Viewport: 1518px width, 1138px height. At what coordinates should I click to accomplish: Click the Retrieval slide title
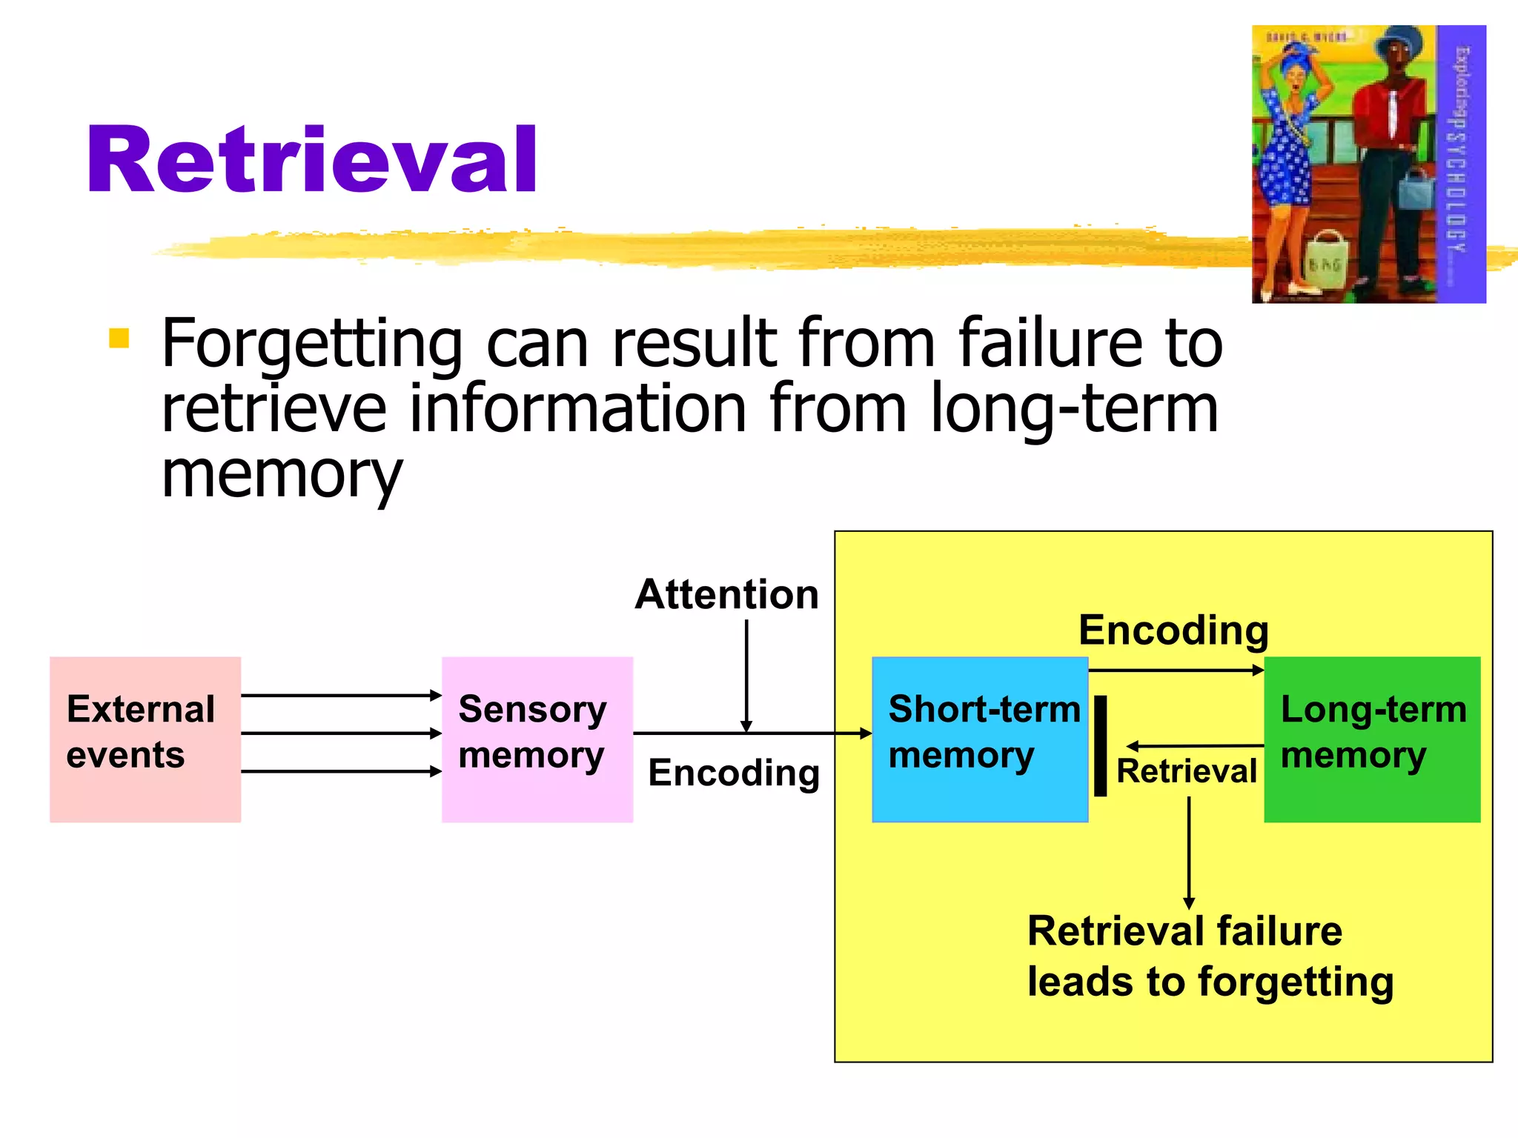click(x=311, y=161)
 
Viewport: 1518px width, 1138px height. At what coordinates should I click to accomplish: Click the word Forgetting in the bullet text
click(x=312, y=344)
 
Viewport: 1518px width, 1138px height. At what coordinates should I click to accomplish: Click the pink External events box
click(x=145, y=739)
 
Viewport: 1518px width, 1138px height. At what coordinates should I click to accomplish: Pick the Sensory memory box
click(x=537, y=739)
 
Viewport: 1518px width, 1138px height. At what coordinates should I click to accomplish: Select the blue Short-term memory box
click(x=980, y=739)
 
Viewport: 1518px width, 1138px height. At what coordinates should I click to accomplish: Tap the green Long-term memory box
click(x=1372, y=739)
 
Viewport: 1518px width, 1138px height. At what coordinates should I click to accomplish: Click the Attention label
click(x=727, y=595)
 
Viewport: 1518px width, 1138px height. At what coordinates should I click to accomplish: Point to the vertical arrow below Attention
click(x=746, y=674)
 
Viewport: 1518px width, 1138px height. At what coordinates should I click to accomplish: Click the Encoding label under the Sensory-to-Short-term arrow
click(x=734, y=773)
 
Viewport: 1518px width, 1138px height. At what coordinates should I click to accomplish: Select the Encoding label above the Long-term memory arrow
click(x=1173, y=630)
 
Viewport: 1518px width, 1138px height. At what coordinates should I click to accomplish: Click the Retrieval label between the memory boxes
click(x=1187, y=771)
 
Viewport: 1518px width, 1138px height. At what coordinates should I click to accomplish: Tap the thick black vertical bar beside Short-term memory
click(x=1101, y=745)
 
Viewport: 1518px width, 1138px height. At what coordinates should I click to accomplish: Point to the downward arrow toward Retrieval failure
click(x=1189, y=852)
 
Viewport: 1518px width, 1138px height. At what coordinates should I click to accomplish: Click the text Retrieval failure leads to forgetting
click(x=1210, y=956)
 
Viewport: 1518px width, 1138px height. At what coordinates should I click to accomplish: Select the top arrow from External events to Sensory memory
click(x=341, y=695)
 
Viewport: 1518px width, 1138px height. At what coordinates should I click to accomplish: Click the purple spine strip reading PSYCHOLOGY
click(x=1461, y=163)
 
